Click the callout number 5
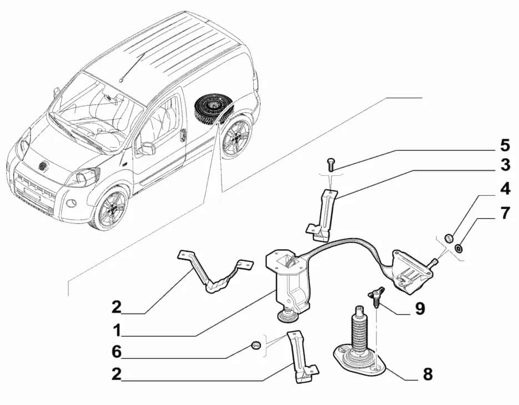click(x=504, y=146)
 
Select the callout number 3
click(x=504, y=165)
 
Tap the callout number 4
click(x=504, y=189)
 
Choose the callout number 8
click(x=427, y=374)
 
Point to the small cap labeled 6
click(x=256, y=346)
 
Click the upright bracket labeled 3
click(x=326, y=214)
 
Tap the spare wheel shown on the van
click(x=212, y=109)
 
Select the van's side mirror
click(x=147, y=148)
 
